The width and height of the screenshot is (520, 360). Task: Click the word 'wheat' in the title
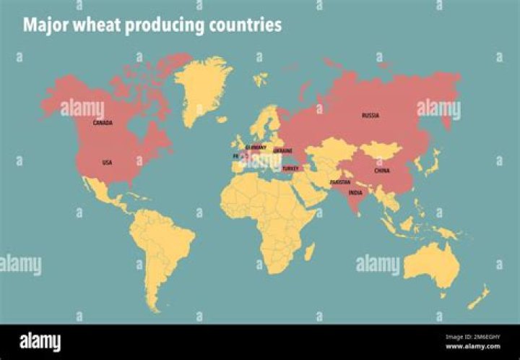(x=94, y=25)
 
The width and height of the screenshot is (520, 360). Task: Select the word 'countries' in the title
(x=246, y=25)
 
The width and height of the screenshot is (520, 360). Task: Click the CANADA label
(x=103, y=123)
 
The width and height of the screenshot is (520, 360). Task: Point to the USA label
(x=107, y=162)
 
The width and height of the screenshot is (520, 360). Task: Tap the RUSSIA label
(x=370, y=115)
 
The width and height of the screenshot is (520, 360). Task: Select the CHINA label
(x=382, y=171)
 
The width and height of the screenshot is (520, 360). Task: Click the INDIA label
(x=355, y=193)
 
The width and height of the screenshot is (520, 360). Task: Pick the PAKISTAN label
(x=340, y=182)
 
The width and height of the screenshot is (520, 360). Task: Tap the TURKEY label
(x=290, y=168)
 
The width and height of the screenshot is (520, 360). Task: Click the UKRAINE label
(x=282, y=150)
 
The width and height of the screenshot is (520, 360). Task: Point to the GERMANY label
(x=256, y=147)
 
